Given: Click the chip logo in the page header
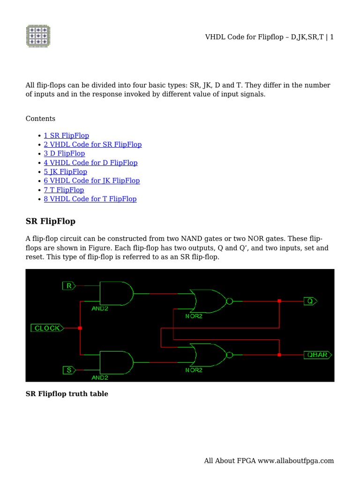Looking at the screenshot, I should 37,36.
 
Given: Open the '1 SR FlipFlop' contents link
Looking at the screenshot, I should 66,135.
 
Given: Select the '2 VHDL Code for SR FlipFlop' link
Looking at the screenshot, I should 92,144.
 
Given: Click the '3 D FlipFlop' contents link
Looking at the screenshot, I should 64,153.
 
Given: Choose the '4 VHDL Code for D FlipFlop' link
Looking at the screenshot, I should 90,163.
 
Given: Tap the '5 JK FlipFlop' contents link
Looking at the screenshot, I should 65,172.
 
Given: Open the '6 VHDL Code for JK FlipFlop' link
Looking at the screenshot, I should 91,180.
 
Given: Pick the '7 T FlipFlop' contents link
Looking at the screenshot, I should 64,190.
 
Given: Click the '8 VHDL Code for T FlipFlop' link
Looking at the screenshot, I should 90,199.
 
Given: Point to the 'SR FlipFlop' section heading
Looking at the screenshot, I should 50,221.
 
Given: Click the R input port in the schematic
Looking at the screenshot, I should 69,285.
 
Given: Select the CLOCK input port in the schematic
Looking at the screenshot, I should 47,328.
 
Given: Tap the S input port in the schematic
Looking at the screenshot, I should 69,370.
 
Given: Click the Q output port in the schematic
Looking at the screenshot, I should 310,301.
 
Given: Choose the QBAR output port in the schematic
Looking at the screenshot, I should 317,355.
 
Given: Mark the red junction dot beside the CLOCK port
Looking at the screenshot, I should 80,328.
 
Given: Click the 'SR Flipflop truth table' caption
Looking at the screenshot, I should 67,394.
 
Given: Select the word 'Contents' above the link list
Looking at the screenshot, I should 40,119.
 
